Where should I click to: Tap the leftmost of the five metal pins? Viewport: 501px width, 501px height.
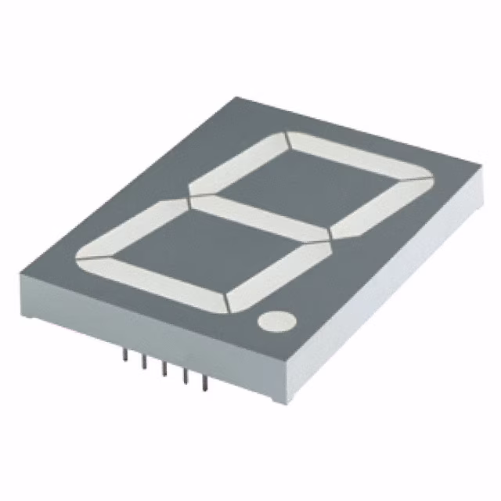pos(124,357)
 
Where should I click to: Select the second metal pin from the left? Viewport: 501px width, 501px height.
pos(144,363)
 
